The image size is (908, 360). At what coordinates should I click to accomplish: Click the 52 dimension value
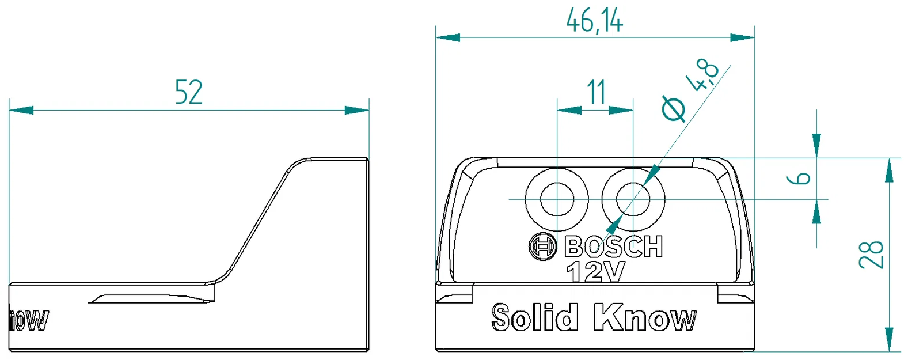(189, 92)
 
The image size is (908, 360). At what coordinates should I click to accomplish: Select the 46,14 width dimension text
(594, 21)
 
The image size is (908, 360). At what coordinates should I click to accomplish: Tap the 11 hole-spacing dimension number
(596, 92)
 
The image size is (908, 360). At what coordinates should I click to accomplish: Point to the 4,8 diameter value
(704, 75)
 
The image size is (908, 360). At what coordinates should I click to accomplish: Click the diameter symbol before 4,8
(674, 108)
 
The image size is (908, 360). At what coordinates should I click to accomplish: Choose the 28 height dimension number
(871, 255)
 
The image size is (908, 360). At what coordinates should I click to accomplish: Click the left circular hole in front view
(557, 199)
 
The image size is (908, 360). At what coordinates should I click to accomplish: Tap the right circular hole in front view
(633, 199)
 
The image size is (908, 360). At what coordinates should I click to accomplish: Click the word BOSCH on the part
(614, 247)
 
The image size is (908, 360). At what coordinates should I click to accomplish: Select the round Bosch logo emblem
(542, 247)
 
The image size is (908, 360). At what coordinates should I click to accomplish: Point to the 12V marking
(595, 272)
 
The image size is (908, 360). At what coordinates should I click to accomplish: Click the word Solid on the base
(534, 317)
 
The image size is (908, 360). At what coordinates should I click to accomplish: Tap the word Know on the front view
(645, 317)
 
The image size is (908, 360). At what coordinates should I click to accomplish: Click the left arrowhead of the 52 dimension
(21, 110)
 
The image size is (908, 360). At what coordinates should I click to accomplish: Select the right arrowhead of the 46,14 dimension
(743, 37)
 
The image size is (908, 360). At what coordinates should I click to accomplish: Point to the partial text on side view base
(29, 320)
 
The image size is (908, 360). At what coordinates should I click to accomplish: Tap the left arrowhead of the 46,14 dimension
(447, 37)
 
